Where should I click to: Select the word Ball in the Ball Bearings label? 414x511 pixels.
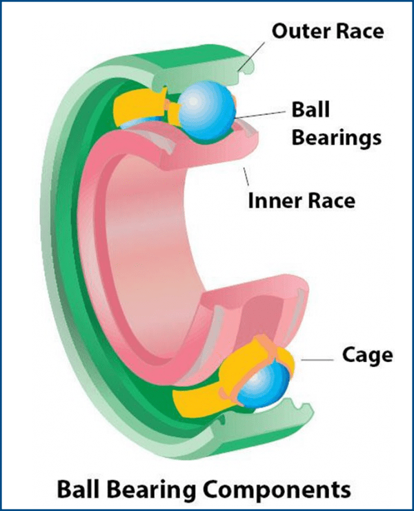click(x=310, y=110)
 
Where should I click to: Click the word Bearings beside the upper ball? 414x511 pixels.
click(x=336, y=137)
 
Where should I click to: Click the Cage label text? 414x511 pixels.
click(x=367, y=356)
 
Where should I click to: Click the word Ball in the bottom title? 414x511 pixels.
click(x=79, y=490)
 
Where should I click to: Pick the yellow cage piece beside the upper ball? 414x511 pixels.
click(x=141, y=107)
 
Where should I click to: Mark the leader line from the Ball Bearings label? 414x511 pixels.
click(x=262, y=115)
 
